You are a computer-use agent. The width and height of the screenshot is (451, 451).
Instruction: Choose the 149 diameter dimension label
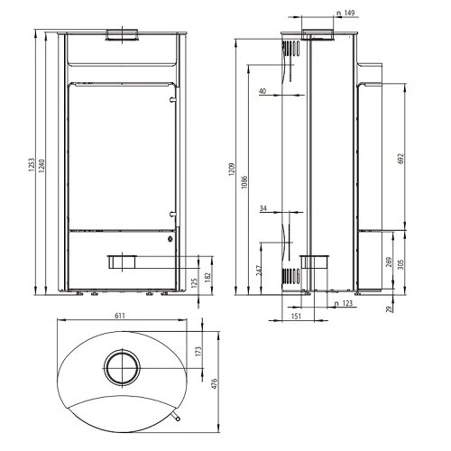coord(345,14)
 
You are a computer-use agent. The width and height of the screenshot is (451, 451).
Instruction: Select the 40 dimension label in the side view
coord(262,91)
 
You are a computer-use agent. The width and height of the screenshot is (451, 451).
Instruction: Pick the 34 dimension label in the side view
coord(262,209)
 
